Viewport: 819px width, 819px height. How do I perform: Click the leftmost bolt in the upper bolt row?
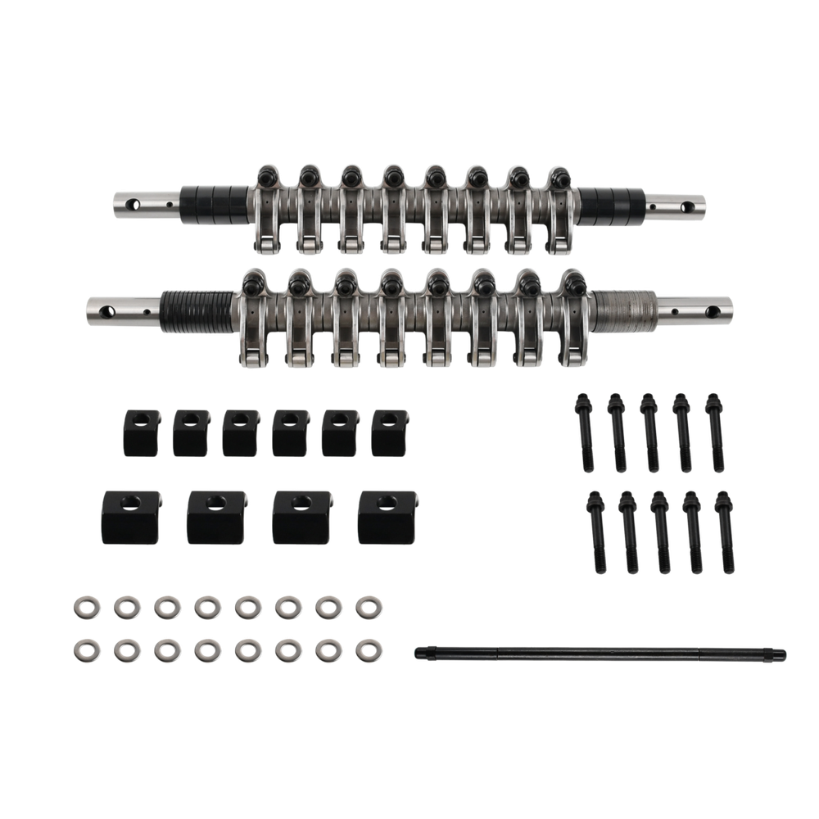[586, 431]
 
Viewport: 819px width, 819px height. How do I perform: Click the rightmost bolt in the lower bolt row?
[725, 532]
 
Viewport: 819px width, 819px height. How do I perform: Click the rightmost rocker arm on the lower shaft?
[574, 321]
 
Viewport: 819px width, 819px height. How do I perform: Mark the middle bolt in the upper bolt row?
[650, 432]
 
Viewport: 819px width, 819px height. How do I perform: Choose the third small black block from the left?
[238, 431]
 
